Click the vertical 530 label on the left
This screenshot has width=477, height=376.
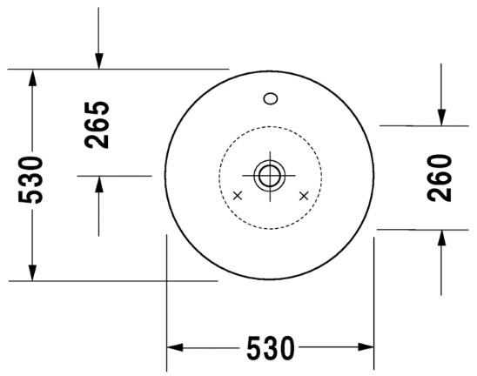tap(31, 179)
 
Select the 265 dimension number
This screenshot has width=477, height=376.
tap(98, 124)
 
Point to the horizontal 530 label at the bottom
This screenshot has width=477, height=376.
tap(270, 348)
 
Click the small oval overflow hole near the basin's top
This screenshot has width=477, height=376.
tap(270, 98)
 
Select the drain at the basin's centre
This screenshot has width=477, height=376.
tap(270, 175)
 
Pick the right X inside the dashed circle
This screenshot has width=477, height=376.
tap(303, 196)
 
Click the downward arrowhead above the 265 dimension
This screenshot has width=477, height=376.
tap(98, 60)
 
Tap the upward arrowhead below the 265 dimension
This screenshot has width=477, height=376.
tap(98, 184)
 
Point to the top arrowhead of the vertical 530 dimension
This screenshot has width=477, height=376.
tap(32, 77)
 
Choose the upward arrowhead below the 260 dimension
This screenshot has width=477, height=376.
tap(441, 238)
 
